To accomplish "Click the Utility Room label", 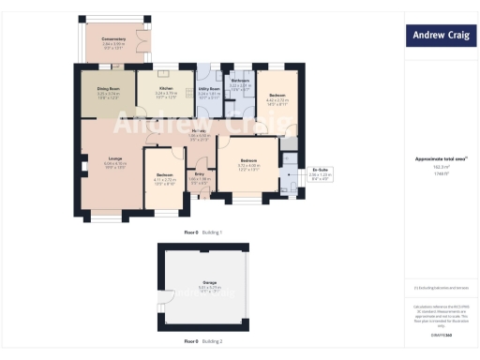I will click(209, 91).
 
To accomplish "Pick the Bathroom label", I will click(239, 82).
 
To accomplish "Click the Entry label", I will click(199, 174).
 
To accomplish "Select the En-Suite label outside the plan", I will click(320, 171).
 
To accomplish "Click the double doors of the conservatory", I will click(139, 41).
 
